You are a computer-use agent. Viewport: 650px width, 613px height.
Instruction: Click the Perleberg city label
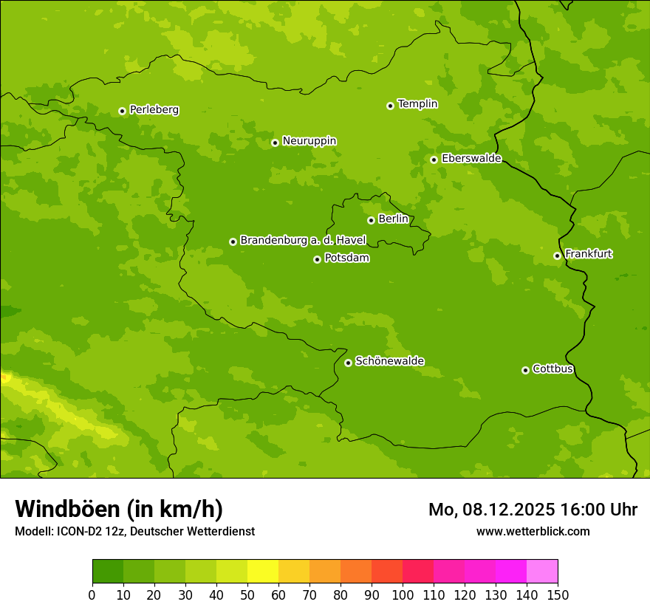pyautogui.click(x=154, y=110)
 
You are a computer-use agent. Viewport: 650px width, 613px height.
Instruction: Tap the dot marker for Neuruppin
pyautogui.click(x=275, y=143)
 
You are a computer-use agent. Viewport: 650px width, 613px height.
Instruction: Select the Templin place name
pyautogui.click(x=417, y=104)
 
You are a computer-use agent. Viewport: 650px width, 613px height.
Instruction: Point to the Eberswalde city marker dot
pyautogui.click(x=434, y=160)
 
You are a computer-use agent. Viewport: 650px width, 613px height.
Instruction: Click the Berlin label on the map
pyautogui.click(x=393, y=219)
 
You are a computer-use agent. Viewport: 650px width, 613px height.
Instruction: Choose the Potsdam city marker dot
pyautogui.click(x=317, y=259)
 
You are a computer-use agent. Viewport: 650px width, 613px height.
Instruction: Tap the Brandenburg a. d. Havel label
pyautogui.click(x=303, y=241)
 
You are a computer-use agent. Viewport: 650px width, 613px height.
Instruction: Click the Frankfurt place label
pyautogui.click(x=588, y=254)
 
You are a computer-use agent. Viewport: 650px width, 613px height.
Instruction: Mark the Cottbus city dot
pyautogui.click(x=525, y=370)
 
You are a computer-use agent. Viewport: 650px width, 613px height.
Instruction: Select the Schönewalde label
pyautogui.click(x=389, y=361)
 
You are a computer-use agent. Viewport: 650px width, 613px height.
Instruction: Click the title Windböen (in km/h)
pyautogui.click(x=119, y=509)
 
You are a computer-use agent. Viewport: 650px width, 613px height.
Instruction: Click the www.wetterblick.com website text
pyautogui.click(x=533, y=531)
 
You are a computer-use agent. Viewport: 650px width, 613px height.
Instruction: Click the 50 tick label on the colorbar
pyautogui.click(x=247, y=595)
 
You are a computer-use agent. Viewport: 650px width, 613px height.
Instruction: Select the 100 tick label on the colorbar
pyautogui.click(x=403, y=595)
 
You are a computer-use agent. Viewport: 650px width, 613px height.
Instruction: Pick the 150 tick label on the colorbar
pyautogui.click(x=558, y=595)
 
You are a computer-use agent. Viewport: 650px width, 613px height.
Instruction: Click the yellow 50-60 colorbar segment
pyautogui.click(x=263, y=572)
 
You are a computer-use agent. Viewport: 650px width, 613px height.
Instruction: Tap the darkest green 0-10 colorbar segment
pyautogui.click(x=108, y=572)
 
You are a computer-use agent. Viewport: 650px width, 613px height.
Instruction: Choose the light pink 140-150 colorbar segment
pyautogui.click(x=542, y=572)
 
